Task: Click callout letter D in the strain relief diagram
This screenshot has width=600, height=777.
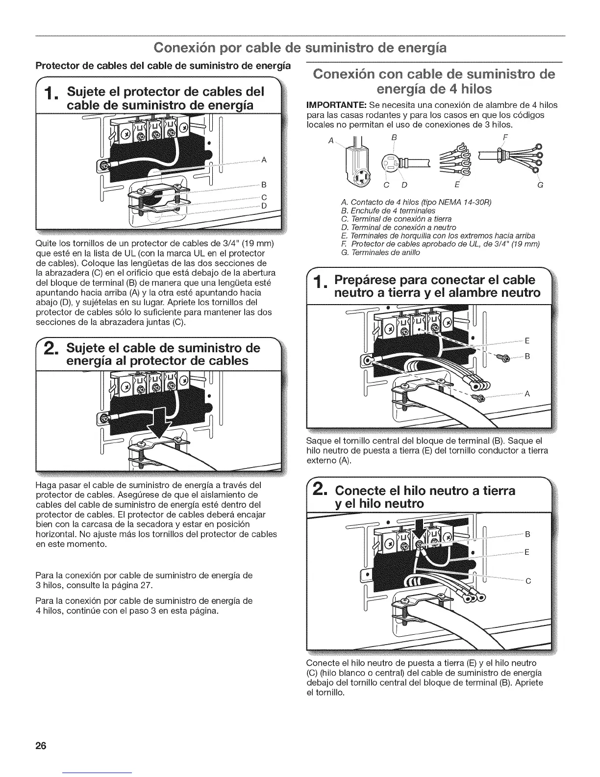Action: [263, 206]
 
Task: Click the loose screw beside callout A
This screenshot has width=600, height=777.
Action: [477, 394]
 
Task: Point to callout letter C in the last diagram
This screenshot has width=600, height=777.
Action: [528, 581]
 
